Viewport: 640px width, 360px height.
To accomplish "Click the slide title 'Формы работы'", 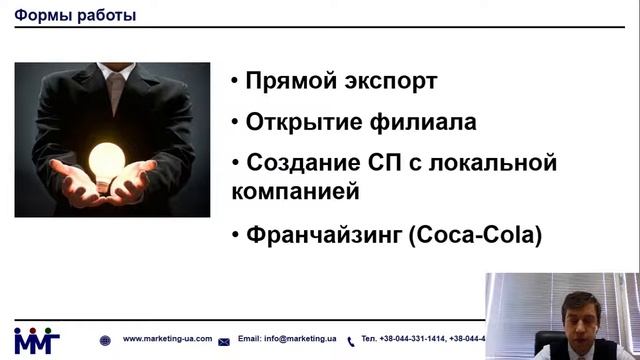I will coord(76,16).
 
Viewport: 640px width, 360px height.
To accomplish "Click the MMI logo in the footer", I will coord(36,340).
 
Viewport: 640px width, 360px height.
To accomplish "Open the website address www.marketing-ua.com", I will coord(167,339).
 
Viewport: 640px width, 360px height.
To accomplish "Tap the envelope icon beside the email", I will coord(224,341).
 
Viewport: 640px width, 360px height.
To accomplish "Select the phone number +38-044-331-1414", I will coord(406,339).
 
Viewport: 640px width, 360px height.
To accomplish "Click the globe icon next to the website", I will coord(106,340).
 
